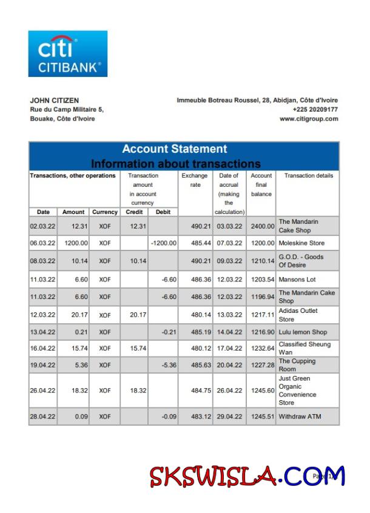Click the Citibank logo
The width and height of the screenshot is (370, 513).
pyautogui.click(x=67, y=54)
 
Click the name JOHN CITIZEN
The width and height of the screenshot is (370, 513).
pyautogui.click(x=54, y=101)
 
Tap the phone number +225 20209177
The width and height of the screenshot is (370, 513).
pyautogui.click(x=315, y=110)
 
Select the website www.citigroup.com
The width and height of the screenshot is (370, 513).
pyautogui.click(x=309, y=119)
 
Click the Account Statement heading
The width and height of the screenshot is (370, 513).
pyautogui.click(x=175, y=149)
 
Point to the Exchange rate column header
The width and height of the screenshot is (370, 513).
pyautogui.click(x=195, y=180)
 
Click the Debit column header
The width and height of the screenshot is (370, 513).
pyautogui.click(x=163, y=212)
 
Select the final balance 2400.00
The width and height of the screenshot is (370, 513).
pyautogui.click(x=261, y=226)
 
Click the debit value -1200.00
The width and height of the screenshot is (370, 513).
pyautogui.click(x=163, y=243)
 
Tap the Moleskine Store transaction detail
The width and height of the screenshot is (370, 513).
pyautogui.click(x=301, y=243)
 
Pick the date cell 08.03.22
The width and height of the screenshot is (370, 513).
pyautogui.click(x=43, y=261)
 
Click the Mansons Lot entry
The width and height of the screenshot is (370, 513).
pyautogui.click(x=297, y=280)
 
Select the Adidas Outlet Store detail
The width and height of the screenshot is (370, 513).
pyautogui.click(x=298, y=315)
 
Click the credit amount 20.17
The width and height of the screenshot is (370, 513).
pyautogui.click(x=134, y=315)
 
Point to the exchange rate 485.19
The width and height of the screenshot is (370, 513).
pyautogui.click(x=195, y=332)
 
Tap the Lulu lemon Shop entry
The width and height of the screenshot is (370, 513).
pyautogui.click(x=303, y=332)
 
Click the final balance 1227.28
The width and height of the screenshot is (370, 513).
pyautogui.click(x=261, y=365)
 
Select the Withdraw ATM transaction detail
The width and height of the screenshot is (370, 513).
pyautogui.click(x=300, y=417)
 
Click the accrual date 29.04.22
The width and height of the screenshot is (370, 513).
pyautogui.click(x=229, y=417)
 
